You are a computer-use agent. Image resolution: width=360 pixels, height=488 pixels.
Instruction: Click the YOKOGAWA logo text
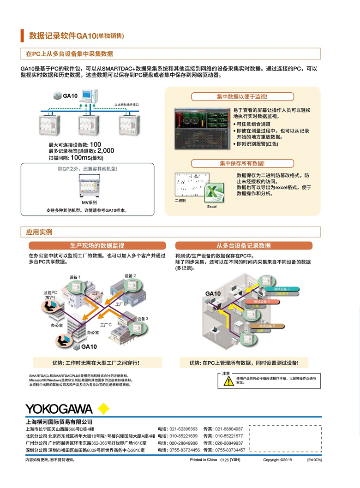coord(59,409)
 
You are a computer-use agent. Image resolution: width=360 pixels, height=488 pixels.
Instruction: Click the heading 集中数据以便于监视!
coord(242,97)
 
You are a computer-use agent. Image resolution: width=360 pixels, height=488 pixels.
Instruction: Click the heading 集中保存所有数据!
coord(242,163)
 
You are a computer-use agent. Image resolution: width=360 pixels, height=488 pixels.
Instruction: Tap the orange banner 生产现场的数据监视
coord(97,246)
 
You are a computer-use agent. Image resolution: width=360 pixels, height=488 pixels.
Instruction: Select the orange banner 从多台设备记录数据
coord(244,246)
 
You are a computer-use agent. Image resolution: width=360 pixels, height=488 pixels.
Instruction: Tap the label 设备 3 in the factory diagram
coord(143,319)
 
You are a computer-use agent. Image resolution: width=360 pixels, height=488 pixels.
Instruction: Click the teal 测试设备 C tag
coord(282,289)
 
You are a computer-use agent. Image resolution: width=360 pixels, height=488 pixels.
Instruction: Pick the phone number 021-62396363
coord(184,429)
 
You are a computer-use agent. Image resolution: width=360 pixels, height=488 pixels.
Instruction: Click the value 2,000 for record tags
coord(106,151)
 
